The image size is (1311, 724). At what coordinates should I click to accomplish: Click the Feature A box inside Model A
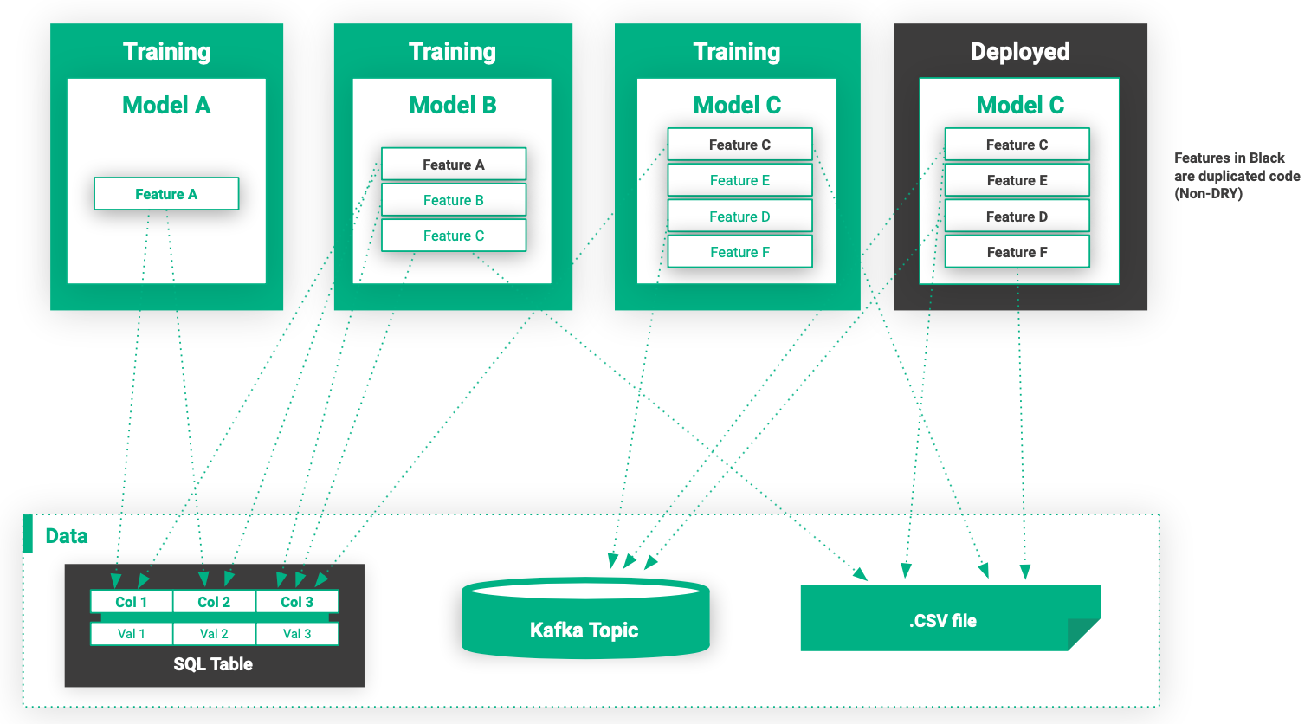pyautogui.click(x=166, y=194)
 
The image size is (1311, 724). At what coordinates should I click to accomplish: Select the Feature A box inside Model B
pyautogui.click(x=453, y=165)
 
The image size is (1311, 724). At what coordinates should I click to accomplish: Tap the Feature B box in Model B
pyautogui.click(x=453, y=200)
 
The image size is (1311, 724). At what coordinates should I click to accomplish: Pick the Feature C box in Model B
pyautogui.click(x=453, y=236)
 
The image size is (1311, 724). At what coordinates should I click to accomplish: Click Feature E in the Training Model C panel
pyautogui.click(x=739, y=180)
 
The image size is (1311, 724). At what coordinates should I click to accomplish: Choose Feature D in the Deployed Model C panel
pyautogui.click(x=1017, y=217)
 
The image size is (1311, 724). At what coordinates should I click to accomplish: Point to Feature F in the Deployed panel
pyautogui.click(x=1017, y=252)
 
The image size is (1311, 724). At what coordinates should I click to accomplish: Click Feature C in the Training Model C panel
pyautogui.click(x=739, y=145)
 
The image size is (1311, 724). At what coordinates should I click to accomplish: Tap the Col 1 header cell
pyautogui.click(x=132, y=602)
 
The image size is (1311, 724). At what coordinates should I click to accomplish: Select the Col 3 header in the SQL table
pyautogui.click(x=297, y=602)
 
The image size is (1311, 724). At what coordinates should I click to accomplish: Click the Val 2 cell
pyautogui.click(x=214, y=634)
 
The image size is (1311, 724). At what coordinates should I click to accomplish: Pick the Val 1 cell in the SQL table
pyautogui.click(x=132, y=634)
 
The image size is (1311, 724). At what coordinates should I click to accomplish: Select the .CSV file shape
pyautogui.click(x=943, y=620)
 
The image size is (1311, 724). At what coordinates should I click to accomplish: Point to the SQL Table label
pyautogui.click(x=213, y=664)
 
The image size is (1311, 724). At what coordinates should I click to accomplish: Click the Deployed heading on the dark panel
pyautogui.click(x=1020, y=52)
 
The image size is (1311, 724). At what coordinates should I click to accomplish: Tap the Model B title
pyautogui.click(x=453, y=106)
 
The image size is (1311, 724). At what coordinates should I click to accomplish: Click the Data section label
pyautogui.click(x=67, y=536)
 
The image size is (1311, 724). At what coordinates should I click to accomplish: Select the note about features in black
pyautogui.click(x=1237, y=176)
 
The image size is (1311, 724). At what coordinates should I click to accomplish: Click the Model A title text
pyautogui.click(x=166, y=106)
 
